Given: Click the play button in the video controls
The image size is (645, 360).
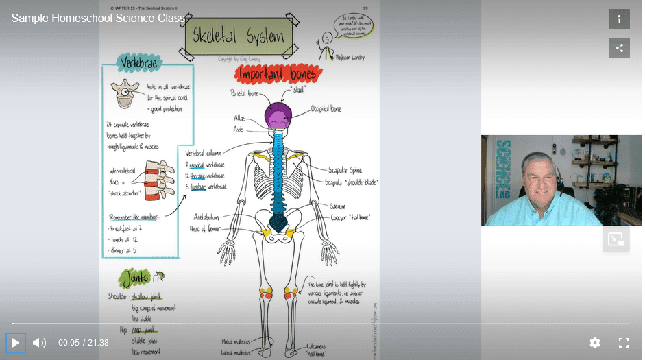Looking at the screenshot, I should point(15,342).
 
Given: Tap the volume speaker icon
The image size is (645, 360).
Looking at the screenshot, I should point(40,342).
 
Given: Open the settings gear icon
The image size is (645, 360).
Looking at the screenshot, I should point(595,342).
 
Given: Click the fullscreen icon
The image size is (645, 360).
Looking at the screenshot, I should point(624,342).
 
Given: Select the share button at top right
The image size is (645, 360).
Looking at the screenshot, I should point(619,48).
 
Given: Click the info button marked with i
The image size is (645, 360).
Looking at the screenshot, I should point(619,19).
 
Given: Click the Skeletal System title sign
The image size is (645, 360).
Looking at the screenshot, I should point(238,35).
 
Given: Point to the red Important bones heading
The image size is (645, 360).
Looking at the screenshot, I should point(278,74).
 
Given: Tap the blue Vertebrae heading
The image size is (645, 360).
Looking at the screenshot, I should point(140,64).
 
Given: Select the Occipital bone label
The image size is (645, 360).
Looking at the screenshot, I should point(326,109).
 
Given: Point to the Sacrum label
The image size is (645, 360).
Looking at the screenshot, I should point(337,206).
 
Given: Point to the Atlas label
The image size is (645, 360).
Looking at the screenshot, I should point(239,118).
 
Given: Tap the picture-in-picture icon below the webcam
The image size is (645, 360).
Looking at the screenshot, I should point(616,239).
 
